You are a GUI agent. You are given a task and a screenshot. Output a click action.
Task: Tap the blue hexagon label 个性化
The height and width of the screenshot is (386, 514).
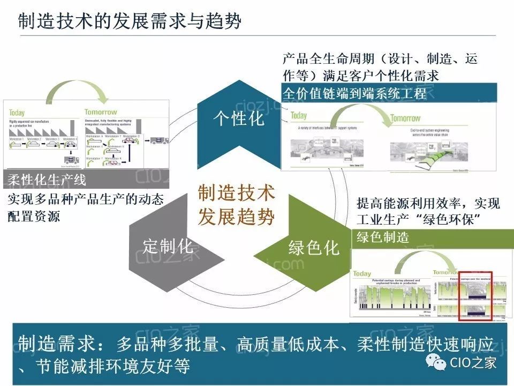239,118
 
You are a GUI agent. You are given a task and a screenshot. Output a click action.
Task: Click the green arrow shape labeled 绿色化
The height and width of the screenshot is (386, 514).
313,248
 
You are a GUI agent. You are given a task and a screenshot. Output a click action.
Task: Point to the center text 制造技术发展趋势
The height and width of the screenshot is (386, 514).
236,205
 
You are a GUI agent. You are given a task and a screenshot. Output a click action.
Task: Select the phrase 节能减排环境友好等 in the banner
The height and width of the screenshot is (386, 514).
112,366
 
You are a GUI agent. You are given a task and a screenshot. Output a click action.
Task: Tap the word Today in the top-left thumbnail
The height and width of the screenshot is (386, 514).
17,113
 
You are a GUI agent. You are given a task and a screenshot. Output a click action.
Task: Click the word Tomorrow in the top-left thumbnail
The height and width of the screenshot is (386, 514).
101,113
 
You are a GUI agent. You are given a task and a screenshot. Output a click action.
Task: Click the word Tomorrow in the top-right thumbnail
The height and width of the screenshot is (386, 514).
405,118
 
